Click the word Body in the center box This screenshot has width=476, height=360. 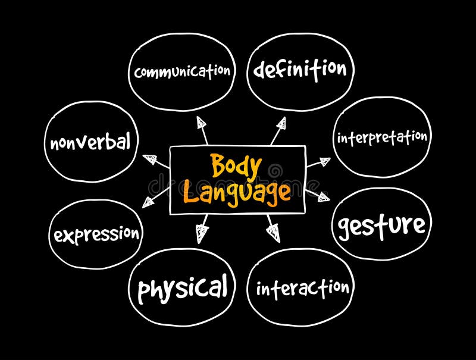click(236, 167)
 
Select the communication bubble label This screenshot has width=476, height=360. click(182, 71)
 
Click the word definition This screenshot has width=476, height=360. click(300, 69)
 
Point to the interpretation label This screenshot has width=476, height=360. click(382, 137)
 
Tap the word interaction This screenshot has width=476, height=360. click(302, 289)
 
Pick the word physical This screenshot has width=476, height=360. click(182, 289)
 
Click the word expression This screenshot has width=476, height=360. click(96, 234)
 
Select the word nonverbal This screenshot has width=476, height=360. click(90, 143)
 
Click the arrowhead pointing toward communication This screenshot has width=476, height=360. click(202, 123)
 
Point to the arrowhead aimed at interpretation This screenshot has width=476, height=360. click(324, 161)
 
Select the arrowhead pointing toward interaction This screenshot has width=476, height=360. click(274, 231)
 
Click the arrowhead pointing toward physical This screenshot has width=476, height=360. click(202, 233)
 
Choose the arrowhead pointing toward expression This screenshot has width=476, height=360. click(148, 201)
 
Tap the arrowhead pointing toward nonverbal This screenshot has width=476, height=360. click(149, 159)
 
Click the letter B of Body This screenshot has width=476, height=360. click(218, 167)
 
